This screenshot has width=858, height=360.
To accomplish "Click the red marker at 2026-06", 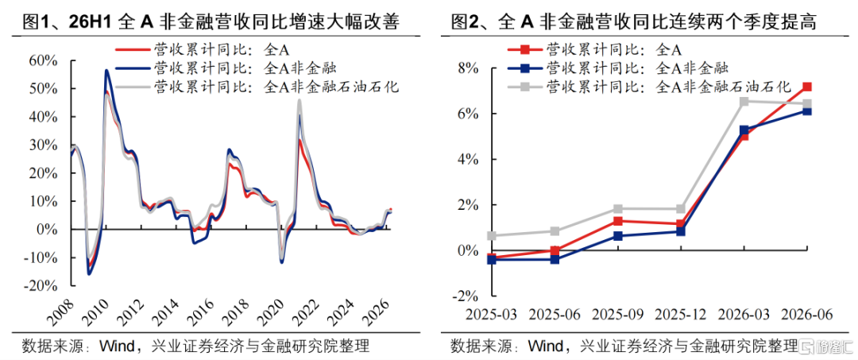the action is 807,87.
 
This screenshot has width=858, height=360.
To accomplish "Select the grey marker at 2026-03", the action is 744,102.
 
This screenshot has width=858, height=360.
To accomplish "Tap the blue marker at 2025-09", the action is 618,236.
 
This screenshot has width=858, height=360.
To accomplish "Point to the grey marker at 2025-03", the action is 492,236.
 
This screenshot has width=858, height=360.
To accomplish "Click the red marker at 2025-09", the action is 618,221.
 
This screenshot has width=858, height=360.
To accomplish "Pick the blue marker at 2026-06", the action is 807,111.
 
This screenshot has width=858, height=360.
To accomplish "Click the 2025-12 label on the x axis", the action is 681,315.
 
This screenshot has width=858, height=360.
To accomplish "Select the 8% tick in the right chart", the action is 471,69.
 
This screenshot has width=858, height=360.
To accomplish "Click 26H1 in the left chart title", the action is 92,22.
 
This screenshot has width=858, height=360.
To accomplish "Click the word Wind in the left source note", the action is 116,346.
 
